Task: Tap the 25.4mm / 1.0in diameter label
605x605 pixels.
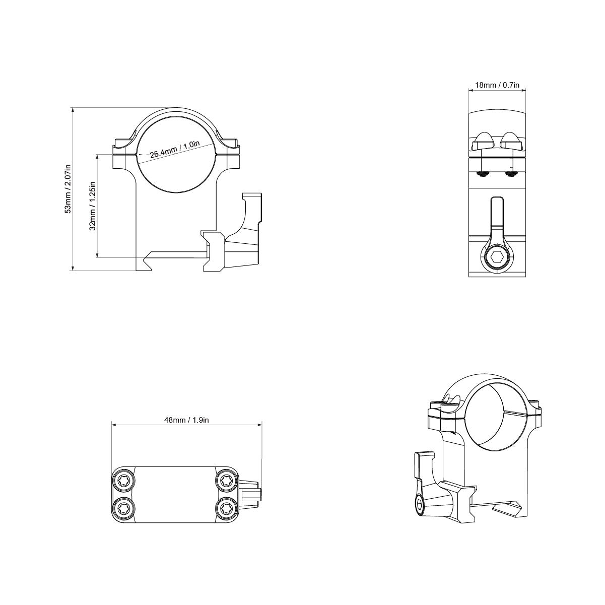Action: click(174, 150)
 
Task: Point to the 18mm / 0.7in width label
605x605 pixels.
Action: click(497, 85)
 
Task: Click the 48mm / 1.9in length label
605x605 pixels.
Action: click(186, 420)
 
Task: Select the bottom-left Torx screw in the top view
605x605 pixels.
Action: click(123, 508)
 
